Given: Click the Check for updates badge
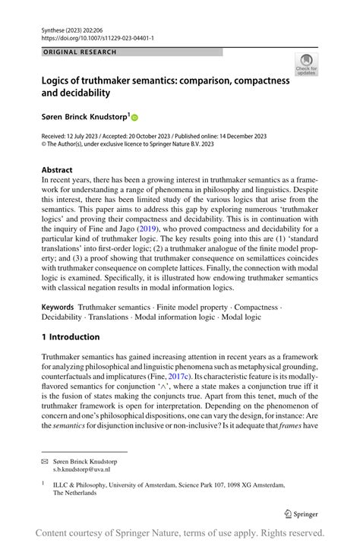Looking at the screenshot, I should pos(306,65).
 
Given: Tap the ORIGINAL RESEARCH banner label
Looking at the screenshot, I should pos(81,52).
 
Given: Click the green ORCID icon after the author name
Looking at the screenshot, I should pos(135,118).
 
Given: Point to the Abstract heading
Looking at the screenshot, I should pos(57,169).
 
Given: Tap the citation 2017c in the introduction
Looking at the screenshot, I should pos(220,377).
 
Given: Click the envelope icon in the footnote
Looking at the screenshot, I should pos(44,461).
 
